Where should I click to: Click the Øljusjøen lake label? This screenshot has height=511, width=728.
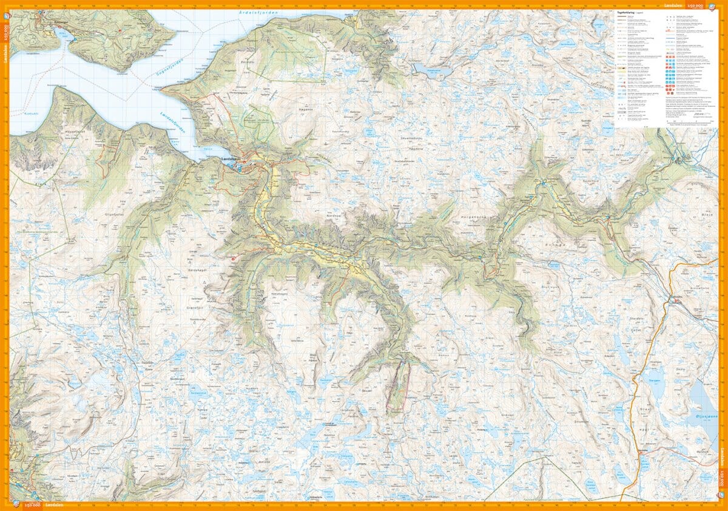tap(701, 418)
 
